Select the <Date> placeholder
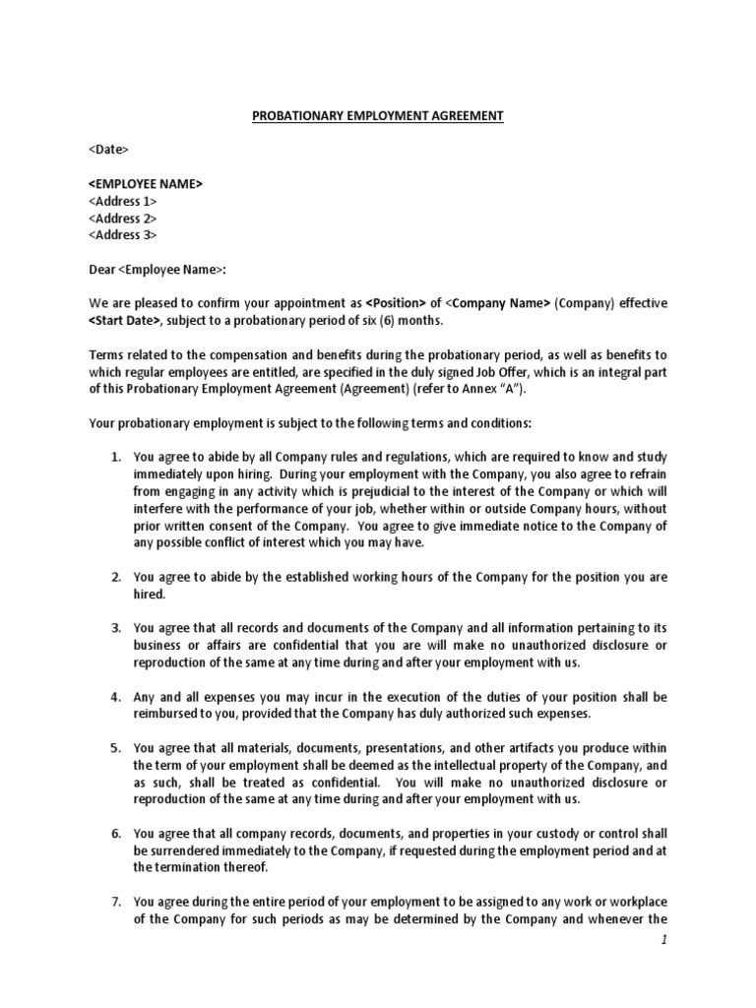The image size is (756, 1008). click(x=108, y=150)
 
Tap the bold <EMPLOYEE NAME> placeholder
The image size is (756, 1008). click(x=146, y=184)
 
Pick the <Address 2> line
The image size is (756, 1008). click(x=122, y=218)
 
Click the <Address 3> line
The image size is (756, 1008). click(x=122, y=234)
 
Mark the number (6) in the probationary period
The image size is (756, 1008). click(x=387, y=320)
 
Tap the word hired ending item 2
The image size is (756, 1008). click(x=150, y=596)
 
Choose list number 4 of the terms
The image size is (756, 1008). click(x=115, y=697)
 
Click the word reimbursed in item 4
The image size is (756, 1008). click(x=168, y=714)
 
